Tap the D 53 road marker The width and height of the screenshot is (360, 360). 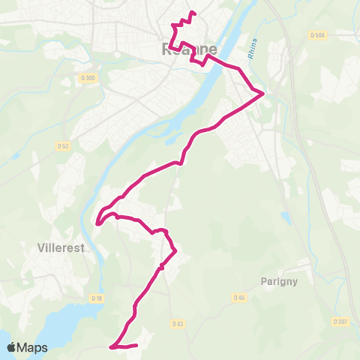[x=63, y=145]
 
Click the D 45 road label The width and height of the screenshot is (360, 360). [x=239, y=298]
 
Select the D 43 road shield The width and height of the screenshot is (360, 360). [x=177, y=324]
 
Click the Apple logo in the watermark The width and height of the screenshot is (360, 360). [x=13, y=347]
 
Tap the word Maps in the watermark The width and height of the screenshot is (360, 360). [x=34, y=347]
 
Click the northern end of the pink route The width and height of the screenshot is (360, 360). [x=194, y=13]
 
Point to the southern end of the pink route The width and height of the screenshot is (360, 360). [x=136, y=345]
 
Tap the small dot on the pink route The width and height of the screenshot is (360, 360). [x=162, y=266]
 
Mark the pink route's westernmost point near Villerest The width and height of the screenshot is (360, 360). [x=97, y=221]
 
